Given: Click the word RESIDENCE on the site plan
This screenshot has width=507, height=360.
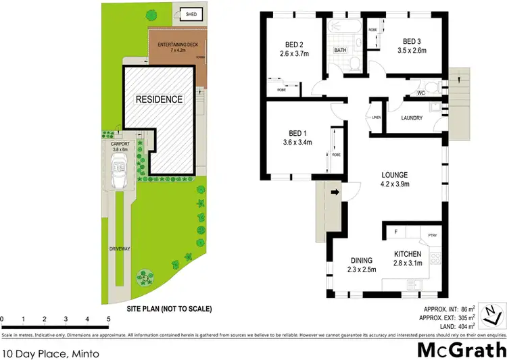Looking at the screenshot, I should point(160,99).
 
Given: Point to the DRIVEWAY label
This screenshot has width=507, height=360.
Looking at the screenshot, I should point(119,249).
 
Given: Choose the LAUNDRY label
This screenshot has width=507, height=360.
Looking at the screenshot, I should point(412,118).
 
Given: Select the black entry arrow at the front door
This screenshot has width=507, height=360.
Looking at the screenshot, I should point(335,193).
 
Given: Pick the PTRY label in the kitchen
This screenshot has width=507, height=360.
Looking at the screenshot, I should point(433,235).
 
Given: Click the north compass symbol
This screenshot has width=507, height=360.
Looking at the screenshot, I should point(496,315).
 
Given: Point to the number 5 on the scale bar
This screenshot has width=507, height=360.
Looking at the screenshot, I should point(108,318).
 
